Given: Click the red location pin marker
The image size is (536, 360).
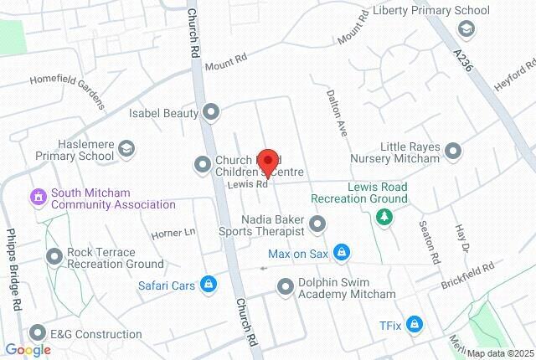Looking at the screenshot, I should (x=267, y=160).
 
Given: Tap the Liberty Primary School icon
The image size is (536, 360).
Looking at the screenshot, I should (x=466, y=29).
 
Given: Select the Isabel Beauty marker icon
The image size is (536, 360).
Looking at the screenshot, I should (x=212, y=111).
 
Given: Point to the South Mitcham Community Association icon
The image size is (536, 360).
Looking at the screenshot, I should (x=37, y=198).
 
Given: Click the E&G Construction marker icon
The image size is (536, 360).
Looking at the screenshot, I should (x=37, y=333).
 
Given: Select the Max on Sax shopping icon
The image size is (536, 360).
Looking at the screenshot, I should (x=341, y=252).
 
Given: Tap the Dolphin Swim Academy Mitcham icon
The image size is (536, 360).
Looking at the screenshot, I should (x=286, y=287).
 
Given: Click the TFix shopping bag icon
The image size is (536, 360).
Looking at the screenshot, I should (x=415, y=325).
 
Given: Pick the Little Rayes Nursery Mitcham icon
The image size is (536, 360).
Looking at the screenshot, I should (x=453, y=152).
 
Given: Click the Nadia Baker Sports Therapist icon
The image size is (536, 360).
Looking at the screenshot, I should (x=317, y=224).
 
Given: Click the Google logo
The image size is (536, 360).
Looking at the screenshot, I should (x=28, y=350).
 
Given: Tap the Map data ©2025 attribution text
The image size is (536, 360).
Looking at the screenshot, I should (x=499, y=353).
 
